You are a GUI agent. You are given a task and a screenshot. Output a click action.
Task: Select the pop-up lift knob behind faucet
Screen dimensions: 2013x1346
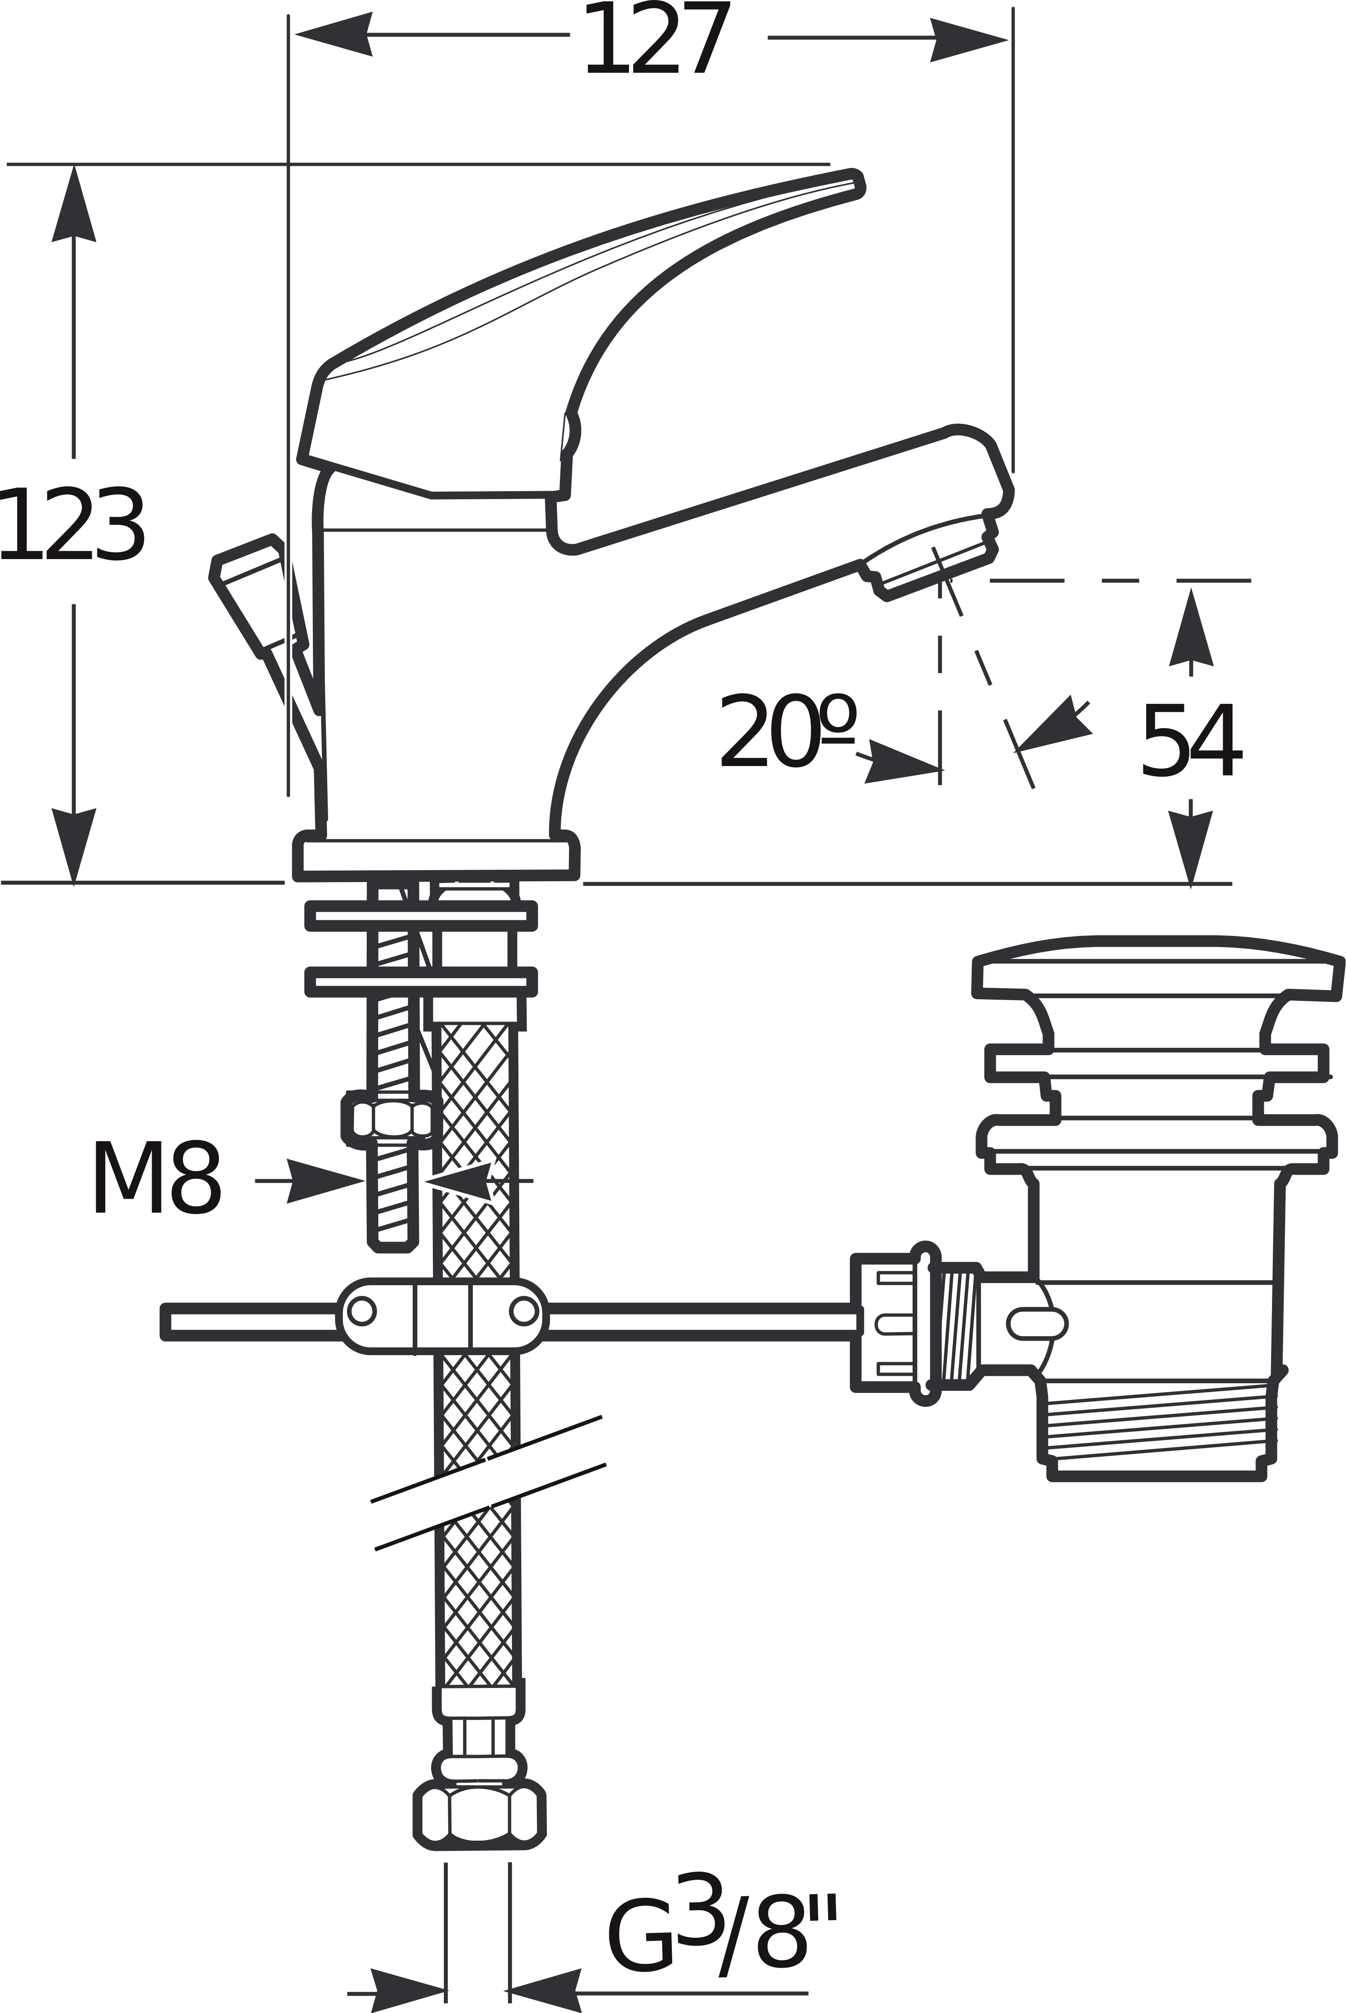coord(249,592)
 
